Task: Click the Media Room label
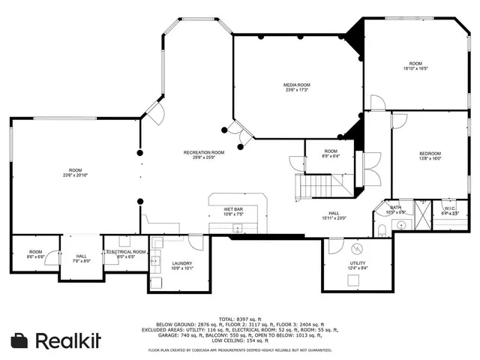(x=296, y=85)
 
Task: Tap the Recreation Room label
(x=204, y=152)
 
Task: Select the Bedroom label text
(x=430, y=152)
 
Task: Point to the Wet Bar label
(x=233, y=209)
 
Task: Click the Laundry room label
(x=182, y=263)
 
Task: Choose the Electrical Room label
(x=126, y=252)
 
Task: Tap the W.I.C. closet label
(x=450, y=208)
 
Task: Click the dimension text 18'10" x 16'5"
(x=415, y=68)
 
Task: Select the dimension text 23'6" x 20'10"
(x=76, y=175)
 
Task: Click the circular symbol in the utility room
(x=356, y=249)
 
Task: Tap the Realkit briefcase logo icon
(x=19, y=340)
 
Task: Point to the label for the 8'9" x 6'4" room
(x=331, y=151)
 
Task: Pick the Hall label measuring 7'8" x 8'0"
(x=81, y=256)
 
